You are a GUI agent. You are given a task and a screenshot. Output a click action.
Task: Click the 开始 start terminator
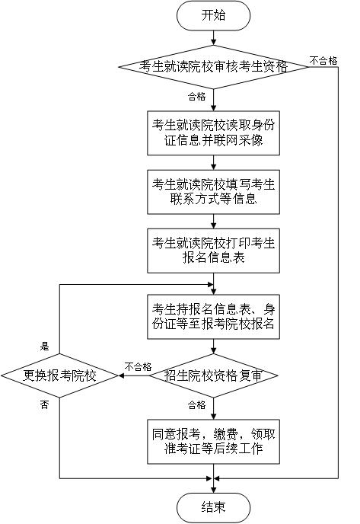(213, 15)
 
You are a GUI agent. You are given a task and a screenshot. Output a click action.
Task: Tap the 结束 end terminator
(213, 507)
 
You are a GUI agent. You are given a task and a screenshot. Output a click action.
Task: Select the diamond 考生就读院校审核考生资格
(213, 67)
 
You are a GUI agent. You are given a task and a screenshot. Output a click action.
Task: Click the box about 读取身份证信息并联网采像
(213, 133)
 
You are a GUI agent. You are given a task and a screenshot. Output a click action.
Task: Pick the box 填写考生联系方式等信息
(213, 192)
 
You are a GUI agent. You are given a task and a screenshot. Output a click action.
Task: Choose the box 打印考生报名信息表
(213, 251)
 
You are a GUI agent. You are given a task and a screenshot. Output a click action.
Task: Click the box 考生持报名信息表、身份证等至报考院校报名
(213, 317)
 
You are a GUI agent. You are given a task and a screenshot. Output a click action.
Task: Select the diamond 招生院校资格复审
(213, 375)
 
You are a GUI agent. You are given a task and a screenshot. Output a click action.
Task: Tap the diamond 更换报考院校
(60, 375)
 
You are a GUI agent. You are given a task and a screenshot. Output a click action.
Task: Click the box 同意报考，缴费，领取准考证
(213, 442)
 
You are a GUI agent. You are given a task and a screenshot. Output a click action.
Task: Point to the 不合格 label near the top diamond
(323, 60)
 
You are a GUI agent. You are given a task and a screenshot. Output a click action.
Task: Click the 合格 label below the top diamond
(196, 97)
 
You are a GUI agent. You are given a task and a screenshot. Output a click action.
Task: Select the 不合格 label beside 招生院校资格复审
(138, 366)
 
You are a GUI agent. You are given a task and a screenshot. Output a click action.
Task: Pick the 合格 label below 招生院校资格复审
(196, 405)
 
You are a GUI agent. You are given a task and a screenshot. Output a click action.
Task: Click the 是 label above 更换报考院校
(44, 347)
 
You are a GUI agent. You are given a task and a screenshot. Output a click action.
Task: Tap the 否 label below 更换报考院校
(44, 405)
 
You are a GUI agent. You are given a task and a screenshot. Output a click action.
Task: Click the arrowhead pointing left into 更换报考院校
(121, 375)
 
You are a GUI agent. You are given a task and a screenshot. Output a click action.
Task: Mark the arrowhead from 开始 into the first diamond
(213, 43)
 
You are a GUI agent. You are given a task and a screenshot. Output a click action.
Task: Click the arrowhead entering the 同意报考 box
(213, 417)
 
